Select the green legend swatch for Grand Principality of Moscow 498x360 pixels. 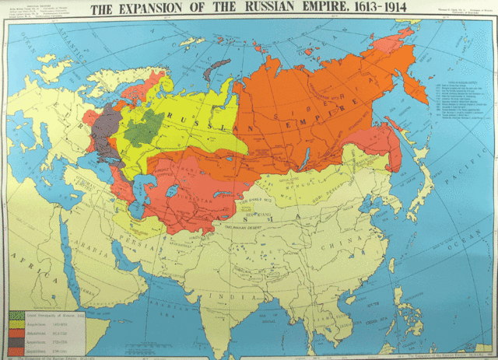[16, 316]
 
